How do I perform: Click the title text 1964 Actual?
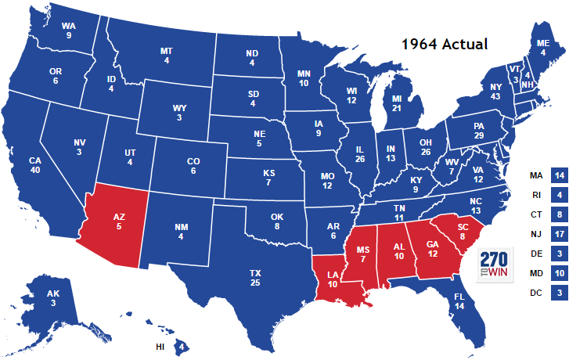point(445,44)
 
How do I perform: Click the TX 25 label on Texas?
point(254,277)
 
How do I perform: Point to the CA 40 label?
point(34,166)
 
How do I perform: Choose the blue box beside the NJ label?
point(559,233)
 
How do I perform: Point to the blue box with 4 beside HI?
point(182,345)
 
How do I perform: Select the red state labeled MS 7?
point(362,254)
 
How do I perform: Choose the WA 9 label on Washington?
point(69,30)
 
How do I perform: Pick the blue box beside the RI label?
point(559,194)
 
